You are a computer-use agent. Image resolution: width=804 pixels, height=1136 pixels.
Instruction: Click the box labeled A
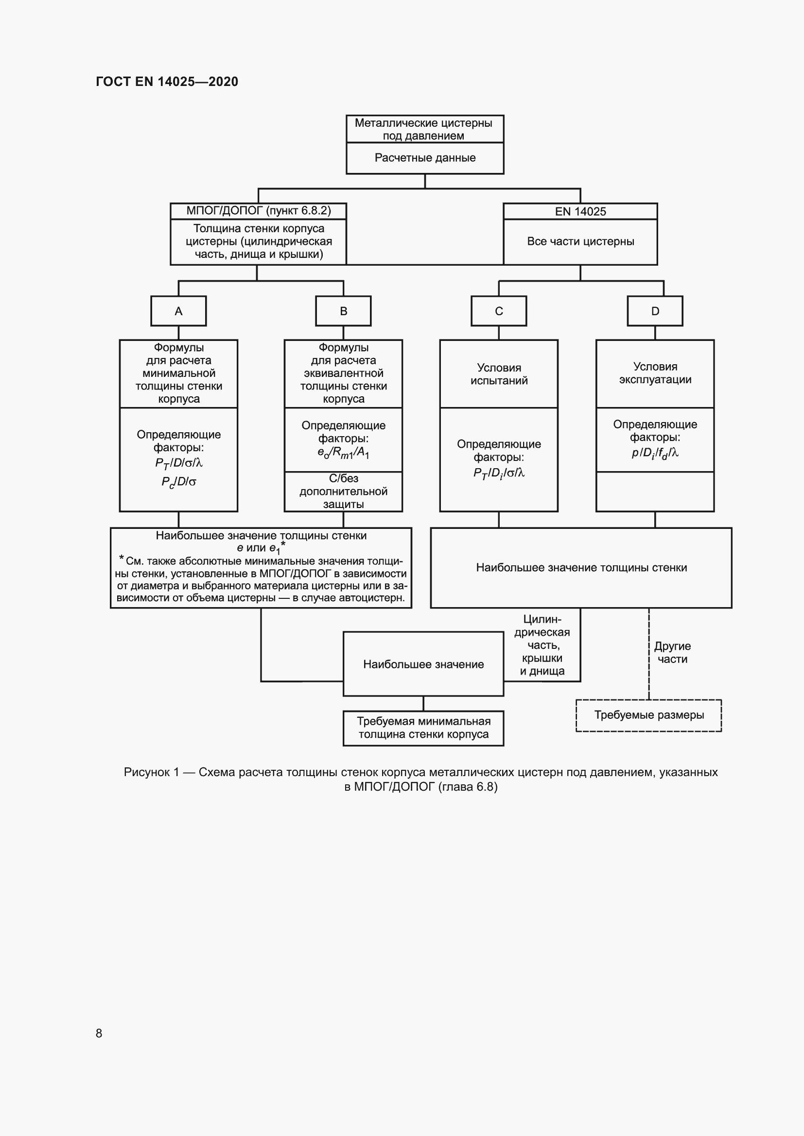tap(178, 311)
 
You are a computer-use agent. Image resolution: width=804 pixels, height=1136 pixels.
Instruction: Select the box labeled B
tap(343, 311)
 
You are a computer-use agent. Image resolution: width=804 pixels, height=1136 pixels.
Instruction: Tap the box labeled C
tap(499, 311)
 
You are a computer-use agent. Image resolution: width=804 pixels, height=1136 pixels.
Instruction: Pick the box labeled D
tap(654, 311)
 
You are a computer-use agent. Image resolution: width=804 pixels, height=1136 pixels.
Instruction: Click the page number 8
tap(99, 1033)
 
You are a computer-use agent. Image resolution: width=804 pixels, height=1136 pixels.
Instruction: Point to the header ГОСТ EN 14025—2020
tap(167, 82)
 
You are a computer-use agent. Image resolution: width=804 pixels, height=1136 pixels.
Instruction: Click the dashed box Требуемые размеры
tap(648, 715)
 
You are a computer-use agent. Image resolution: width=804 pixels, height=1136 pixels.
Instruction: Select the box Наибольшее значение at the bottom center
tap(423, 664)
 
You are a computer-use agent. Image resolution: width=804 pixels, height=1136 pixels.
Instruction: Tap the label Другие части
tap(672, 652)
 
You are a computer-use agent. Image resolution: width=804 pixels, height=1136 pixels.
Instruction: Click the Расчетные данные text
tap(425, 158)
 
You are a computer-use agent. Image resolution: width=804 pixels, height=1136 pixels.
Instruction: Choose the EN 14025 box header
tap(580, 212)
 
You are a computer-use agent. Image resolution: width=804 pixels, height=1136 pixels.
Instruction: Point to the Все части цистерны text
tap(580, 241)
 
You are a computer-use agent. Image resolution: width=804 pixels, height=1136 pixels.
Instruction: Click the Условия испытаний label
tap(499, 374)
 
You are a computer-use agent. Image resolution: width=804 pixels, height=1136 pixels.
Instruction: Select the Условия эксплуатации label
tap(654, 373)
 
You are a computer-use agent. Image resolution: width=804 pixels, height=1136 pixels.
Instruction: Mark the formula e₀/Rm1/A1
tap(343, 453)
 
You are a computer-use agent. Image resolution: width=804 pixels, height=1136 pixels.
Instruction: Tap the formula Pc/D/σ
tap(178, 482)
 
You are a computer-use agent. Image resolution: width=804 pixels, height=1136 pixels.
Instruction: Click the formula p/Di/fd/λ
tap(654, 453)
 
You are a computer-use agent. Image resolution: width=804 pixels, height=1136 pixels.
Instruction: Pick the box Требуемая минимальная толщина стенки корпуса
tap(423, 728)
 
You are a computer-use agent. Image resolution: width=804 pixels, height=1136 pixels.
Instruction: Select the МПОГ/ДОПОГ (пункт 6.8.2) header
tap(259, 211)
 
